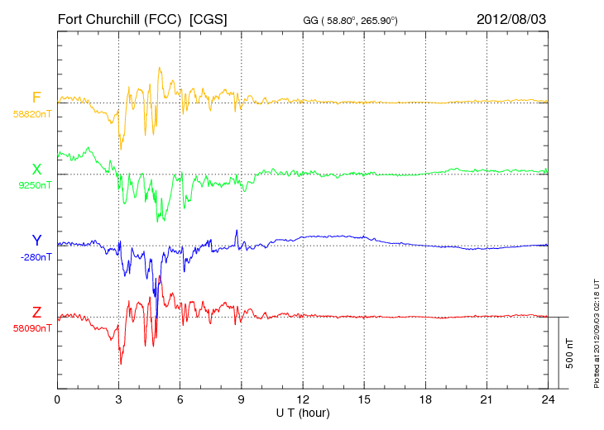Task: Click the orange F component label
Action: coord(36,98)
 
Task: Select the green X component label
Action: coord(36,170)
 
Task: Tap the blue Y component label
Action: coord(36,241)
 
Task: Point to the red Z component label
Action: coord(36,313)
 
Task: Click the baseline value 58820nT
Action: coord(32,114)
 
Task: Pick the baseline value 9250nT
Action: coord(35,185)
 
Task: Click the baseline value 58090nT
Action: coord(32,328)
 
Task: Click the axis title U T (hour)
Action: coord(303,413)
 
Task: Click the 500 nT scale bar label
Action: coord(570,353)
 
